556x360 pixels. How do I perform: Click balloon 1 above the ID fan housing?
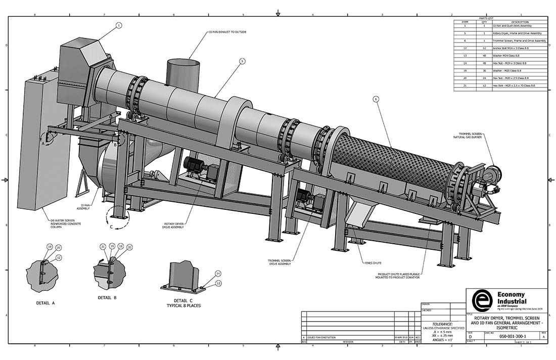(119, 25)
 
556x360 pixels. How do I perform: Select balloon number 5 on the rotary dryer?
(242, 61)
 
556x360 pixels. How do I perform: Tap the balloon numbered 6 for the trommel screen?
(376, 99)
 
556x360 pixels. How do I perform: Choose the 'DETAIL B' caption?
(107, 298)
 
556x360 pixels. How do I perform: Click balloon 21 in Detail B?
(103, 246)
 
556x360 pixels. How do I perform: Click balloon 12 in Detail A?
(59, 257)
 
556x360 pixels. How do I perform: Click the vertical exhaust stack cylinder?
(183, 73)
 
